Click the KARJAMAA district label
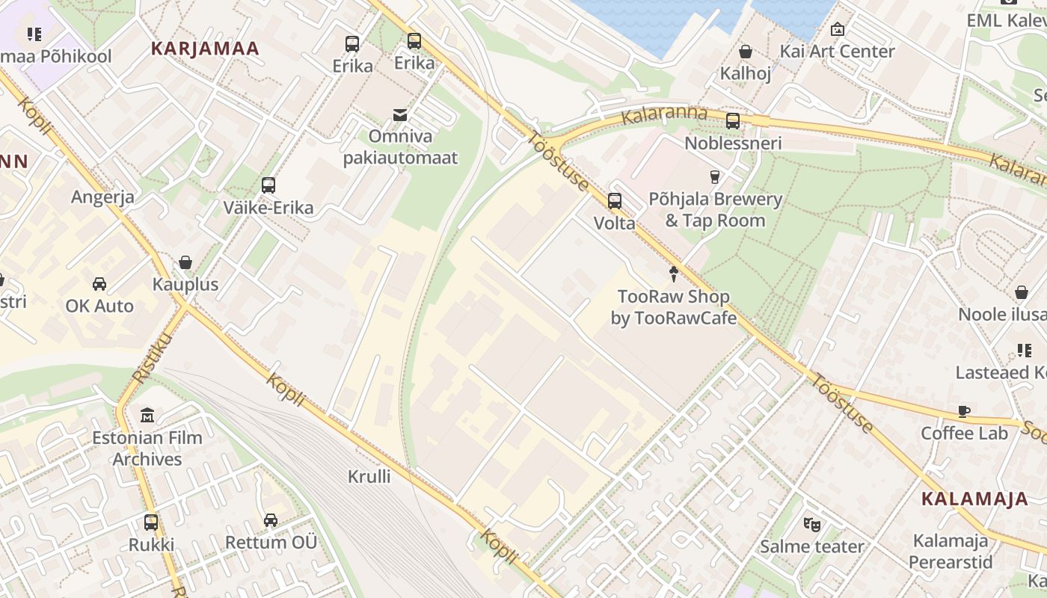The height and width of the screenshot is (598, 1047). point(205,49)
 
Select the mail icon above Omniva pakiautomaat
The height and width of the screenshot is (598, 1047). point(400,115)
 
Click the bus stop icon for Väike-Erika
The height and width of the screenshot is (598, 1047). point(268,185)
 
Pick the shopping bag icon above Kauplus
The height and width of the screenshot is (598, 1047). point(185,262)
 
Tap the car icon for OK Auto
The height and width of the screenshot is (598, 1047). point(99,284)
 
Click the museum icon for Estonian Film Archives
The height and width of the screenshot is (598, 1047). point(147,416)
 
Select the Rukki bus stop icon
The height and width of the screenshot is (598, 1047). point(151,523)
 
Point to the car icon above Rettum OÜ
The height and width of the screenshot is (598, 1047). point(271,520)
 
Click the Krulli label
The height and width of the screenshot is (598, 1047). point(369,476)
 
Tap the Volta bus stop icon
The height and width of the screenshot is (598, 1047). point(614,201)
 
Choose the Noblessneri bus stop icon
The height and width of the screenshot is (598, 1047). point(733,120)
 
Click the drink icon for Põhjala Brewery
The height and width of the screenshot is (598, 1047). point(714,177)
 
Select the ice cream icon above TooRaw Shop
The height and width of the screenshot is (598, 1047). point(674,274)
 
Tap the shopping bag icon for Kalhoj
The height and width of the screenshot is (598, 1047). point(745,52)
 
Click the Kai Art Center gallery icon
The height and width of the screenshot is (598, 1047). point(838,29)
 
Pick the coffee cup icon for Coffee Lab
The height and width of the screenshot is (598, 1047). point(965,411)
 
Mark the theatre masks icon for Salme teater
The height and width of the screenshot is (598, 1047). point(811,525)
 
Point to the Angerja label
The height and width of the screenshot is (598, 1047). point(102,197)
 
